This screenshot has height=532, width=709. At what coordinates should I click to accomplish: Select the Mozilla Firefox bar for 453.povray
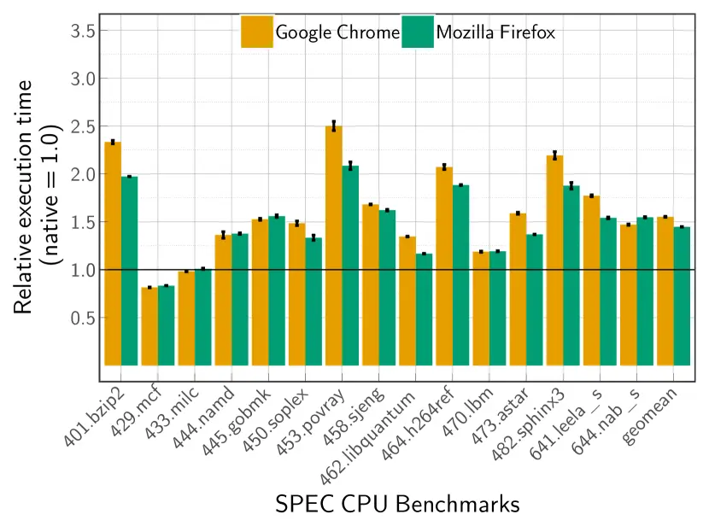pos(350,266)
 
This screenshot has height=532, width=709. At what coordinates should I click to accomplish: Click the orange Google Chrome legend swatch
pos(257,32)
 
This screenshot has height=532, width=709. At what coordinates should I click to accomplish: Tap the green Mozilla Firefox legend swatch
pos(416,32)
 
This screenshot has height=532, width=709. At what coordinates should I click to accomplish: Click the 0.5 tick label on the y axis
pos(79,318)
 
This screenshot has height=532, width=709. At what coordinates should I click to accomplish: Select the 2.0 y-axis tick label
pos(79,174)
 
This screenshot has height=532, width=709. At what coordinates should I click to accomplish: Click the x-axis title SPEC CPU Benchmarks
pos(397,505)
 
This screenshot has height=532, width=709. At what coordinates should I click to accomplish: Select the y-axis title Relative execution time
pos(26,196)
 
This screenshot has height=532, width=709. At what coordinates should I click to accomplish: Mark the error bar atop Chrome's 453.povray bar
pos(334,126)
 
